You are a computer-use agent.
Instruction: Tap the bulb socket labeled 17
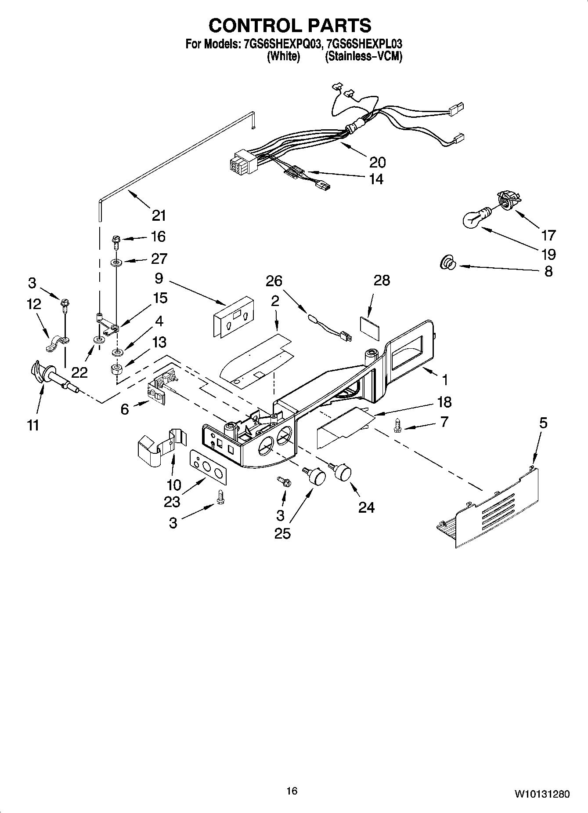pos(508,201)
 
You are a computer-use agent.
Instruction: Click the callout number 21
pos(159,215)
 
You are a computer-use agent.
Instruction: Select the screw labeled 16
pos(116,241)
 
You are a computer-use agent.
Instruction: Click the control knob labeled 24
pos(342,473)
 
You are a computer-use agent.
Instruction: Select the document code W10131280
pos(542,794)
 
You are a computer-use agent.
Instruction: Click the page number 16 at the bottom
pos(292,791)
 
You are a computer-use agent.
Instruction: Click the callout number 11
pos(33,425)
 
